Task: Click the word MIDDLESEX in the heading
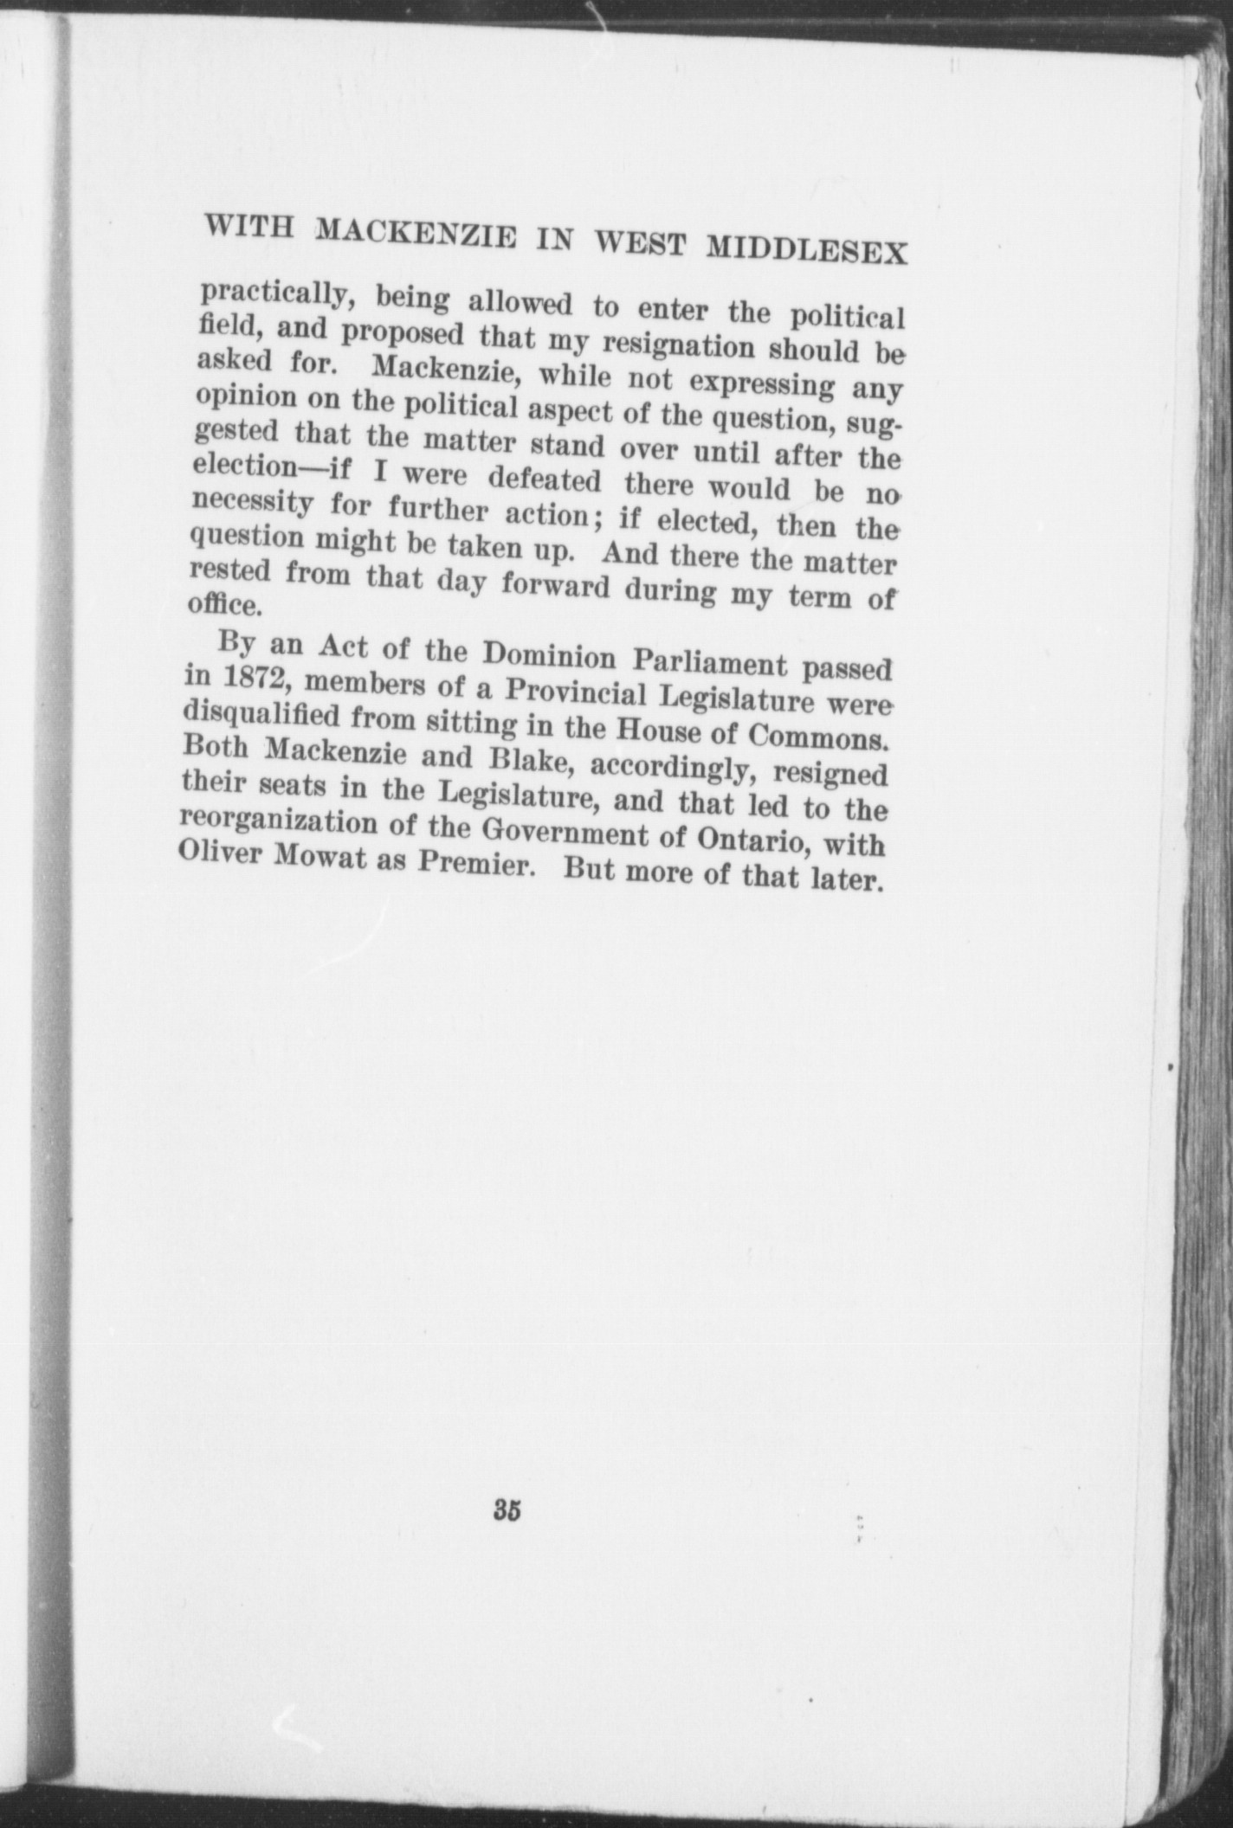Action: (808, 251)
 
